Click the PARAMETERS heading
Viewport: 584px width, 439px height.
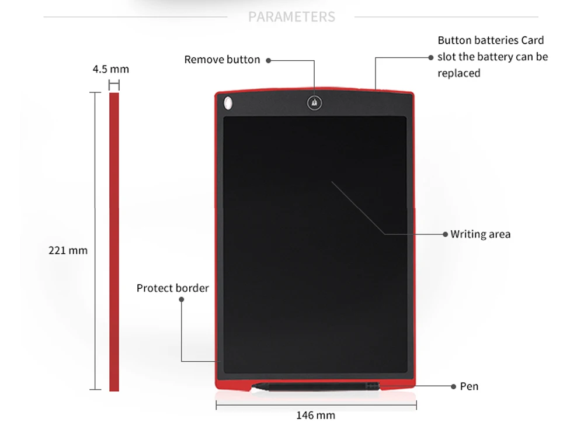292,16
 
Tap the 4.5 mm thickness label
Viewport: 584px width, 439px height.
111,69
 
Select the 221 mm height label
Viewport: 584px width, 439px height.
68,250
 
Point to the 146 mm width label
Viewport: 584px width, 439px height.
316,415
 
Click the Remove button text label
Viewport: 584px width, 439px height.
222,60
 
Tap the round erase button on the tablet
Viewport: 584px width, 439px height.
314,103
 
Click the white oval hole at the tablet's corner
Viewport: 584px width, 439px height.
228,103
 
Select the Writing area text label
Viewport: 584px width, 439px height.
480,234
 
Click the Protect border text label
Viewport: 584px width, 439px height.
172,288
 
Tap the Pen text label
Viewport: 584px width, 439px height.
469,386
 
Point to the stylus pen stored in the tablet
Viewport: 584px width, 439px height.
315,386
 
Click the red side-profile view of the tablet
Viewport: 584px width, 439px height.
114,241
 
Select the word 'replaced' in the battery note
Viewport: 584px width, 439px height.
459,73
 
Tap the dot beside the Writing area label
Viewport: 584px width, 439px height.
446,234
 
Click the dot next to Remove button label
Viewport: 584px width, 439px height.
267,60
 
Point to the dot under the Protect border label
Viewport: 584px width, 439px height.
181,299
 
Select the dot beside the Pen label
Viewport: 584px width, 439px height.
454,386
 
